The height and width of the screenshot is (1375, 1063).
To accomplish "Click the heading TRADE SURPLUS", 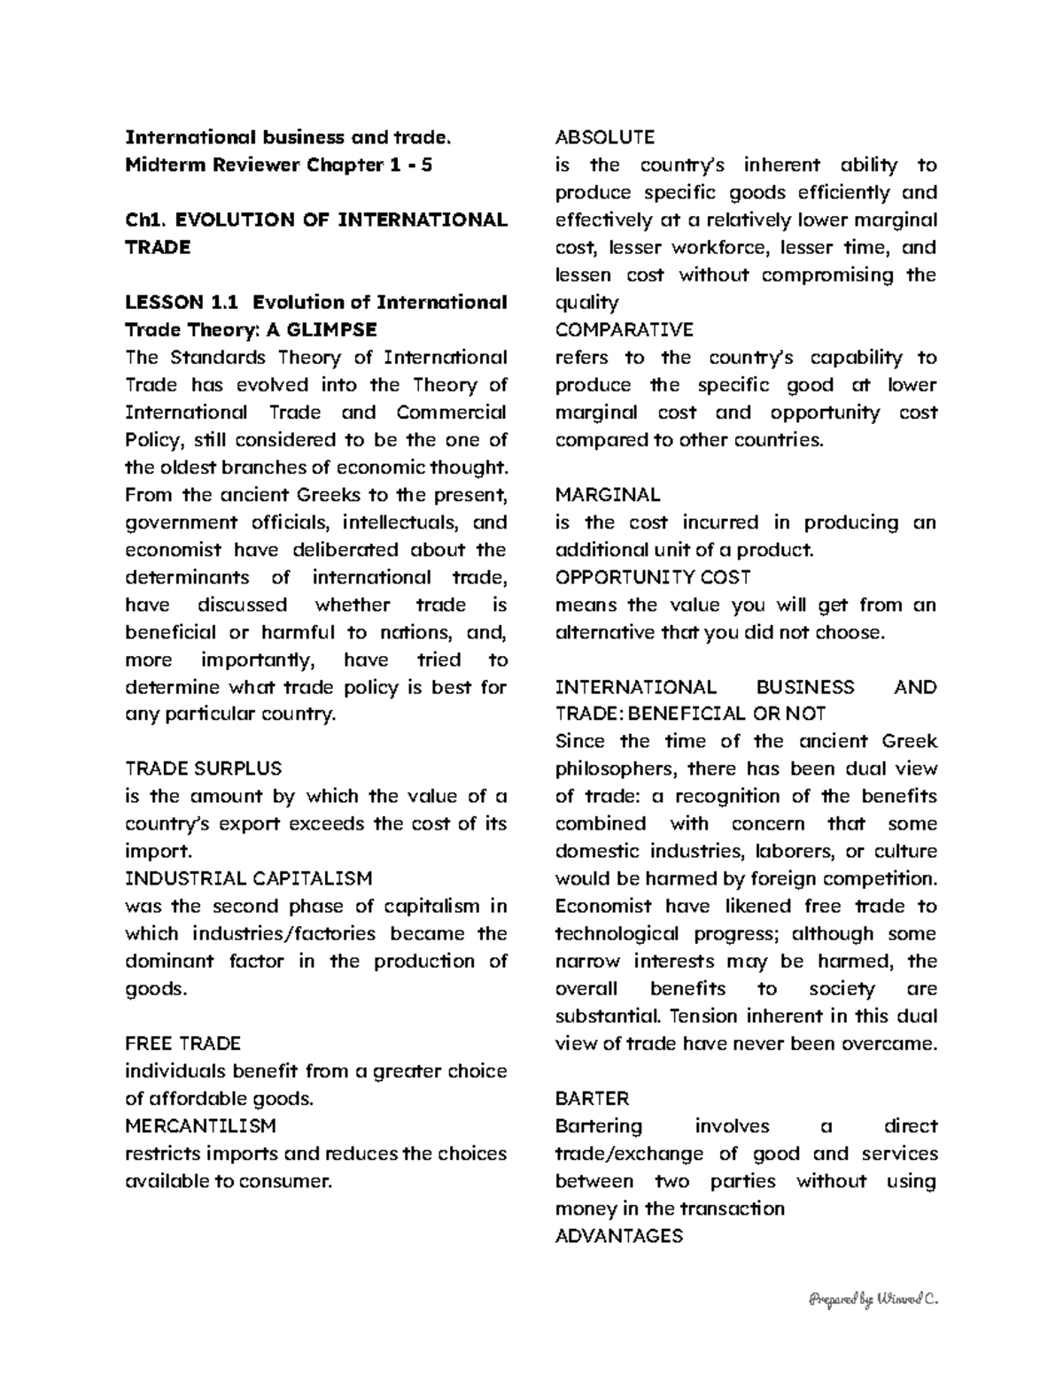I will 203,769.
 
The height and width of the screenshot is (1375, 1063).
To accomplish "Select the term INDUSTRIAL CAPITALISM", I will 249,878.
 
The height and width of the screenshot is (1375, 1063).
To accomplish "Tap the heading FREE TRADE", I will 182,1043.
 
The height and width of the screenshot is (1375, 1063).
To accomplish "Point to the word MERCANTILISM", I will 200,1125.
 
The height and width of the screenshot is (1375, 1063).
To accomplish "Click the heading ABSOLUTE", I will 604,137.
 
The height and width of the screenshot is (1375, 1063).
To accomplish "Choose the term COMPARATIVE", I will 624,329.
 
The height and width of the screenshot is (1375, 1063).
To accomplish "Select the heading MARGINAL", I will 607,494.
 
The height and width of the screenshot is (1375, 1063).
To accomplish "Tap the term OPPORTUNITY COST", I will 652,576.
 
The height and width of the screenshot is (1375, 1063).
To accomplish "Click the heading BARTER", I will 592,1098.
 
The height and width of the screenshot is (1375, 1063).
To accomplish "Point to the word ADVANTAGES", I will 618,1235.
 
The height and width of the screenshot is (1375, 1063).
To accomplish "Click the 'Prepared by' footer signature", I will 872,1299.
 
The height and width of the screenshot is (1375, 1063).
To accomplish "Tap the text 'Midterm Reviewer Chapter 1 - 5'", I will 279,165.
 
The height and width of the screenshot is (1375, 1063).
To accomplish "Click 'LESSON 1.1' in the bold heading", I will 182,302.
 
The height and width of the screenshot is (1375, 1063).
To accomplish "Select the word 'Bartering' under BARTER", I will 598,1125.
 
